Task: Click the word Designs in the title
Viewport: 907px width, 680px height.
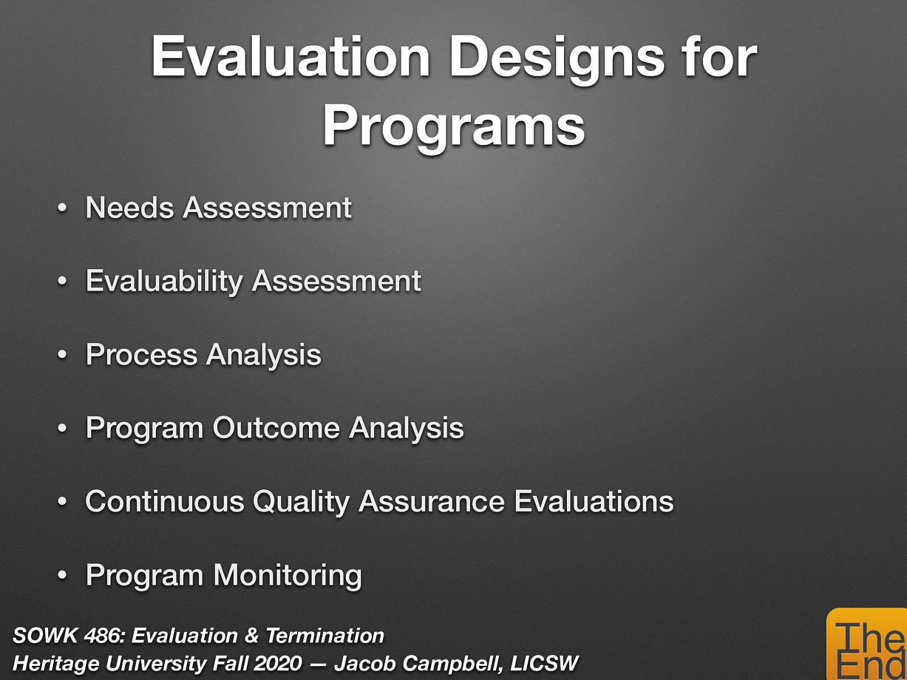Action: point(557,57)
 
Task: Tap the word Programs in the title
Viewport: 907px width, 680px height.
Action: point(453,126)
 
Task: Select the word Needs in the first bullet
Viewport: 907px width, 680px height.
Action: point(129,207)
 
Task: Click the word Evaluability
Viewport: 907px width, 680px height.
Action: point(164,281)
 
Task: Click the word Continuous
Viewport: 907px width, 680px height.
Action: point(164,501)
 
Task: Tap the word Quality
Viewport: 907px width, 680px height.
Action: point(301,501)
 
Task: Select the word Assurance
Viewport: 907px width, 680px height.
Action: point(431,501)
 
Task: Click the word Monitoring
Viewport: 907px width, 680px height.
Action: point(287,575)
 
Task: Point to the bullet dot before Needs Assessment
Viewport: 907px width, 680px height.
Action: point(62,209)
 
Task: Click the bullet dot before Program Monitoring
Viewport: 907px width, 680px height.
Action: point(62,576)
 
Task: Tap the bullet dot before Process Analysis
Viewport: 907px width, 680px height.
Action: point(62,356)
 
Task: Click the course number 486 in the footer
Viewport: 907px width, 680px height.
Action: point(102,636)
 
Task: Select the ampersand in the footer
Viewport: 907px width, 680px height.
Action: point(251,636)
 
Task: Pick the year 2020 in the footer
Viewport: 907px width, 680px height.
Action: point(278,663)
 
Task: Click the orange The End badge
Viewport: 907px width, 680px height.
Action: point(867,646)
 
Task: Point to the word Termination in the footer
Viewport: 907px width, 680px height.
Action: point(325,636)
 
